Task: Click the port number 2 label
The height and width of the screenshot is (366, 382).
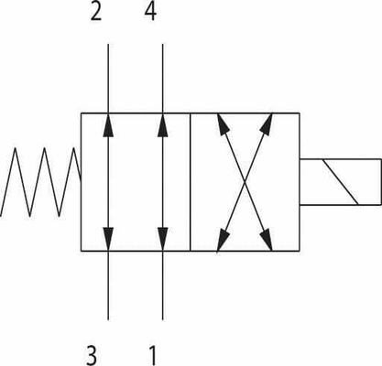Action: [96, 12]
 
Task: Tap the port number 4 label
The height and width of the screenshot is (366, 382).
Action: [150, 12]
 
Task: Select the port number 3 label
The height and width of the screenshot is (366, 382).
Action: [92, 355]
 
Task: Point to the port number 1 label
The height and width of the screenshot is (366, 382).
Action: [152, 356]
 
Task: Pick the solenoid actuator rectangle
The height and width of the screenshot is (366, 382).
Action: [341, 182]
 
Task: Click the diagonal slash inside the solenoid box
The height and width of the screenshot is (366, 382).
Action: [340, 182]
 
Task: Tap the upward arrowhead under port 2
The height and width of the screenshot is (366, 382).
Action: [108, 125]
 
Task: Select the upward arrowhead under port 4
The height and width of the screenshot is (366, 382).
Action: [162, 125]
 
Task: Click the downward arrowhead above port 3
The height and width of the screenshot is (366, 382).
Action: [108, 239]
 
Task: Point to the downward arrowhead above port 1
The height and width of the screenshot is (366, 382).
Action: [162, 239]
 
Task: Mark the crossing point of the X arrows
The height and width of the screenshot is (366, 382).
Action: [245, 182]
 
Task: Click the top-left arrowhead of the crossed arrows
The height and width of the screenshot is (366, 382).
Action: [223, 124]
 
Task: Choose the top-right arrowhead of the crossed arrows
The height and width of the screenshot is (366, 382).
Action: [267, 124]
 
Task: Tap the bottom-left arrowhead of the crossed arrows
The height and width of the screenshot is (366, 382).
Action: [223, 240]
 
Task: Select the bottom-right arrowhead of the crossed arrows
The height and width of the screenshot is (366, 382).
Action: [267, 240]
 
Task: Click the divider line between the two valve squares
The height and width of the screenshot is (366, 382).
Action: [191, 182]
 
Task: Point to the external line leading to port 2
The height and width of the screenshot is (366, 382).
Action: [108, 79]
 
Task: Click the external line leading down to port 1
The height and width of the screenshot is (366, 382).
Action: [162, 285]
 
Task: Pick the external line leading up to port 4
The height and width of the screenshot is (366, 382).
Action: [162, 79]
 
